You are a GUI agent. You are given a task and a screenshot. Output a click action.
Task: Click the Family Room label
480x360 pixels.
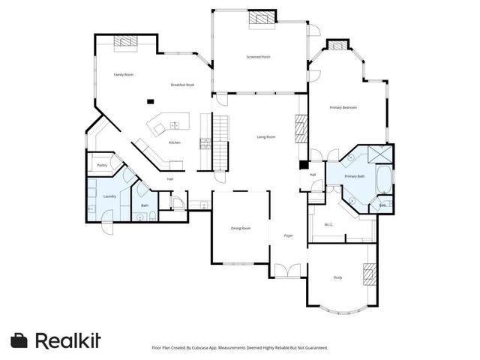(123, 75)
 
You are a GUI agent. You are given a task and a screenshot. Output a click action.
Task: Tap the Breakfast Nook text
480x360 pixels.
(182, 85)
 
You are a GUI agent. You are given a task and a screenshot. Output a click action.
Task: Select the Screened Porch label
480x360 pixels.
(259, 57)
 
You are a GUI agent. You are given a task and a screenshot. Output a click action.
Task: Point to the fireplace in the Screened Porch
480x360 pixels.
(259, 17)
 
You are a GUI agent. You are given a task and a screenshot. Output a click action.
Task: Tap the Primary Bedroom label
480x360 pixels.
(343, 107)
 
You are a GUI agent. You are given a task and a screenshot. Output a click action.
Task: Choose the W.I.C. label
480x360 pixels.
(329, 224)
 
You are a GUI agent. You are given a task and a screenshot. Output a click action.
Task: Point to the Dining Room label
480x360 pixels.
(240, 228)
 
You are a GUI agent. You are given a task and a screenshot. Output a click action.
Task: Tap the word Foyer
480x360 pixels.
(288, 235)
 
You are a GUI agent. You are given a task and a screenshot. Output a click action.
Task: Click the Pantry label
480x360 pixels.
(102, 165)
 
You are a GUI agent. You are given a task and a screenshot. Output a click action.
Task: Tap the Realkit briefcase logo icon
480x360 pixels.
(19, 340)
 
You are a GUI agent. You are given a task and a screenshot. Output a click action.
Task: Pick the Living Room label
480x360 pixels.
(266, 136)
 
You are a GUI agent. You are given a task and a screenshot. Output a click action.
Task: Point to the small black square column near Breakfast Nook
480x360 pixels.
(151, 101)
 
